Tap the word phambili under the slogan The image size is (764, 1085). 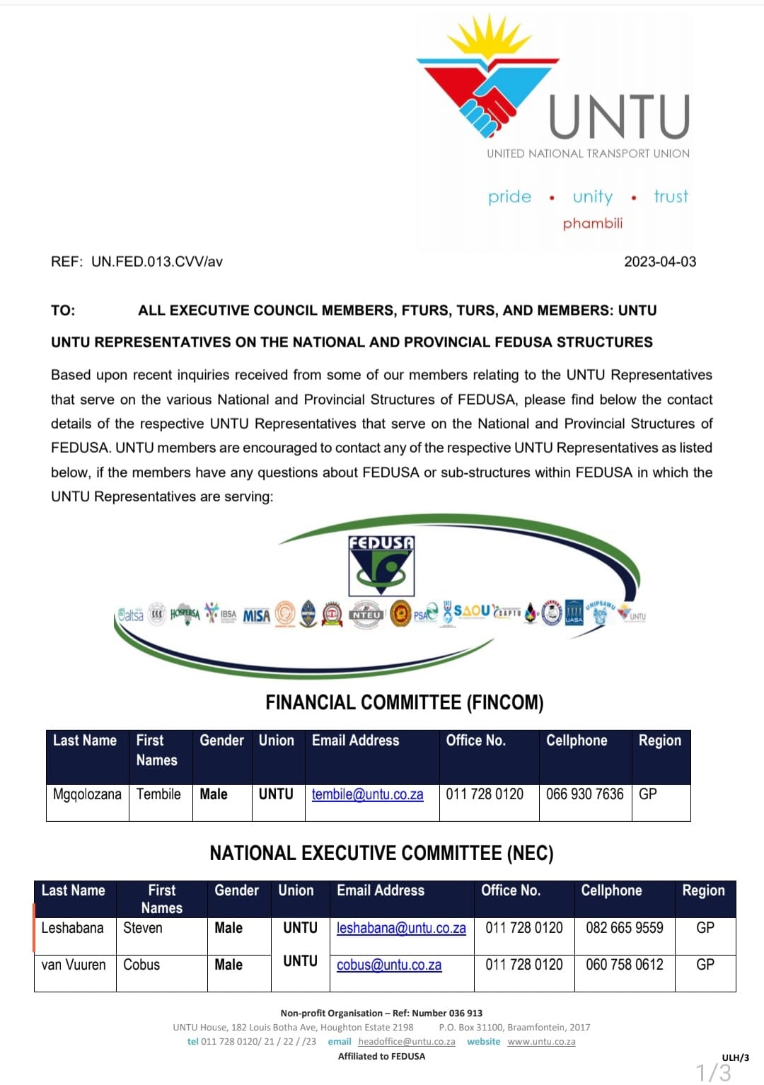(593, 224)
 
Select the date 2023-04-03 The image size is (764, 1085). (660, 262)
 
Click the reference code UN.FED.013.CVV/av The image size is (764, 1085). (157, 262)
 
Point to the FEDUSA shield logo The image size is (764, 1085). (381, 565)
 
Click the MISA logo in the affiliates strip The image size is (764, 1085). (257, 615)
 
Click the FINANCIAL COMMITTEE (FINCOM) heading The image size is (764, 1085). (405, 702)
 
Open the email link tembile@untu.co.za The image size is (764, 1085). (368, 794)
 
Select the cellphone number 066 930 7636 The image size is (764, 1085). (585, 794)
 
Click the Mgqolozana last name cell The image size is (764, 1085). (87, 794)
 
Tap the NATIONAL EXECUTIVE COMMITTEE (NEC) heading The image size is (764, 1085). (381, 853)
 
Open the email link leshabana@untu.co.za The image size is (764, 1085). (401, 928)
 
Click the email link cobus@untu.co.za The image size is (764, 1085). (389, 965)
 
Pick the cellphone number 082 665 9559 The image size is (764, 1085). (625, 928)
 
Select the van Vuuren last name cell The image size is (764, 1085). (74, 965)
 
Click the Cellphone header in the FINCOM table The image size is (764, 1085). (577, 741)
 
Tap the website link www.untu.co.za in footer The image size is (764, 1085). (541, 1042)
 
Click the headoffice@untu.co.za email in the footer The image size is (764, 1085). (407, 1042)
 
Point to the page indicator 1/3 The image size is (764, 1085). (714, 1072)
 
